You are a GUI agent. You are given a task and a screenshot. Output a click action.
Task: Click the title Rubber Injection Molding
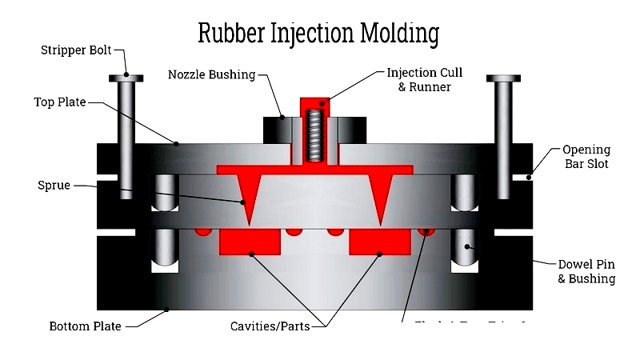[318, 34]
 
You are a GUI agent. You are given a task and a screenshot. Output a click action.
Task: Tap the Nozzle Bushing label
[211, 74]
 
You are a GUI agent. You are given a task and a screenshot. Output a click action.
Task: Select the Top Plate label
[59, 102]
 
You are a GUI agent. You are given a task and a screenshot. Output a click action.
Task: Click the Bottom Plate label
[85, 326]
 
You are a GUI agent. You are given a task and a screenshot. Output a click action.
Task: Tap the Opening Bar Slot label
[586, 157]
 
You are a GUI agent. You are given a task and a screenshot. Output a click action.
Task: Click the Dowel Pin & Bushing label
[586, 270]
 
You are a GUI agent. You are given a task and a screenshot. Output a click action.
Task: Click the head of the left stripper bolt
[126, 78]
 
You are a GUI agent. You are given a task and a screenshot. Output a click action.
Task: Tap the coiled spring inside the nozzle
[316, 136]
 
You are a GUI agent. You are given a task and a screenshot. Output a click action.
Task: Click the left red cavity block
[250, 241]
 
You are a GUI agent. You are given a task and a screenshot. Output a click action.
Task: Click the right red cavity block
[379, 241]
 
